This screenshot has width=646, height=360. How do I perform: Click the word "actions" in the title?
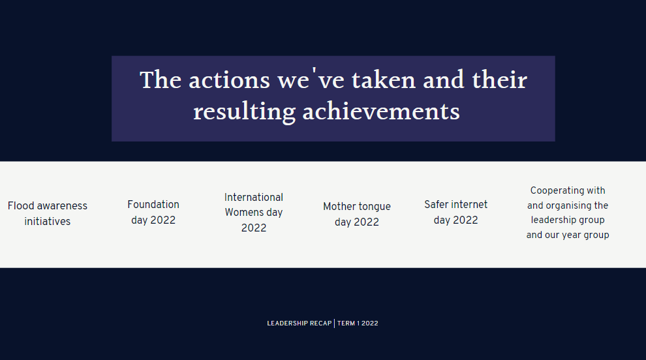(229, 80)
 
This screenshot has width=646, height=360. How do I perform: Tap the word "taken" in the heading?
(383, 80)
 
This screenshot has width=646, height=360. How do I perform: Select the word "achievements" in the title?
(381, 112)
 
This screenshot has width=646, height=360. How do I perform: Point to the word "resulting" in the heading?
(244, 112)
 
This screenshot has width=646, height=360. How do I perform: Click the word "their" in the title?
(499, 80)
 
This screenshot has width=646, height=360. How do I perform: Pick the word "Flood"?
(21, 205)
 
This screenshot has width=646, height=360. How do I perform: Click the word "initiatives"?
(48, 221)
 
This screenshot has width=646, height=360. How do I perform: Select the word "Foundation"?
(153, 204)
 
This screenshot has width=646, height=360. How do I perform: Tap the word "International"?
(254, 198)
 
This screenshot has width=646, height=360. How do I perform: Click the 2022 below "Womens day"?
(254, 228)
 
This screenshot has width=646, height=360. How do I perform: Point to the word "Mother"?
(339, 206)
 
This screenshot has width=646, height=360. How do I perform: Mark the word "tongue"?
(375, 207)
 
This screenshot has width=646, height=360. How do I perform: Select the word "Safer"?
(436, 204)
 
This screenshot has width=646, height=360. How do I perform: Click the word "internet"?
(469, 204)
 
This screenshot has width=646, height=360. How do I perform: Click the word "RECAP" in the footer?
(320, 323)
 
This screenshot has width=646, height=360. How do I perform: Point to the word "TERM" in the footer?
(346, 323)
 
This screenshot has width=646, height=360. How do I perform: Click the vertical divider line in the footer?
(335, 323)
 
